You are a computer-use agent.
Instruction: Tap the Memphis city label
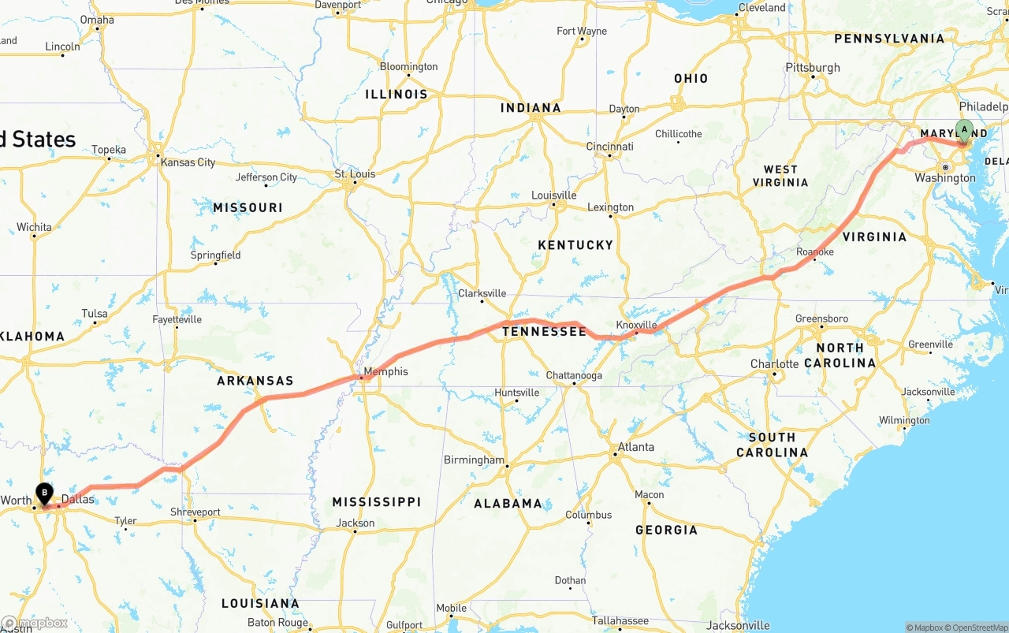coord(385,371)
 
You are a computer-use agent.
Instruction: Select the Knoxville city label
coord(636,325)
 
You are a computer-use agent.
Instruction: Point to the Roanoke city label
coord(815,251)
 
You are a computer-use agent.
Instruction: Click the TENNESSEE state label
coord(544,332)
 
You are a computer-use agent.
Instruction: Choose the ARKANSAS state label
coord(255,381)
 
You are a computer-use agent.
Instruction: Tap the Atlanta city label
coord(635,447)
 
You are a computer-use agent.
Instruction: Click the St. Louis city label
coord(355,173)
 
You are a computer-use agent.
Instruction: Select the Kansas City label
coord(188,162)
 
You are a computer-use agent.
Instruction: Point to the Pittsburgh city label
coord(814,68)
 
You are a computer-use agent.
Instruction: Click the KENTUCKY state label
coord(575,245)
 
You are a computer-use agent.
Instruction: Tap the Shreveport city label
coord(195,512)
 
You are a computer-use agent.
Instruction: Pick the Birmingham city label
coord(474,460)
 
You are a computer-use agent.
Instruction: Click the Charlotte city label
coord(775,364)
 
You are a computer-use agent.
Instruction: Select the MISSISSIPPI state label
coord(376,502)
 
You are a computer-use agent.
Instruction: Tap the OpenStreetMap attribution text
coord(978,627)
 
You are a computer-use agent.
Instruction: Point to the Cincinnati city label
coord(609,147)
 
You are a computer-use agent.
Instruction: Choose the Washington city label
coord(945,178)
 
